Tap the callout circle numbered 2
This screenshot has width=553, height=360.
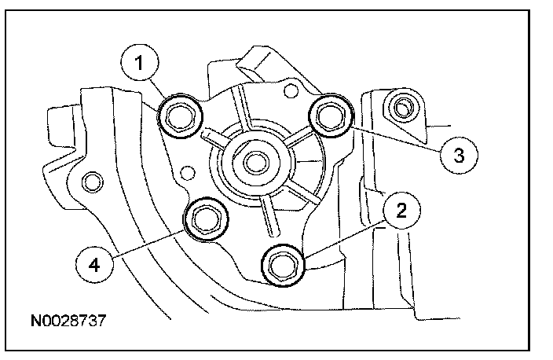point(401,210)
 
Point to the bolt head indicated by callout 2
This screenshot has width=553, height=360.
point(281,264)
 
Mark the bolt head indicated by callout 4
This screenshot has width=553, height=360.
point(206,219)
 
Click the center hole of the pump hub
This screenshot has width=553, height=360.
point(253,163)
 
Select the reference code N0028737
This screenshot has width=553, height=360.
point(68,321)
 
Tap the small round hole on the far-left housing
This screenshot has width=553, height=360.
point(93,183)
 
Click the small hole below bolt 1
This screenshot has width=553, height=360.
point(187,171)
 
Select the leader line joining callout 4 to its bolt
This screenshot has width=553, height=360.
point(149,243)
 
